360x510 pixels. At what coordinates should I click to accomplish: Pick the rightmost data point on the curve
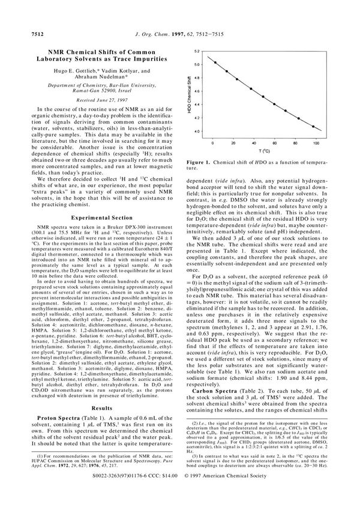(x=317, y=127)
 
